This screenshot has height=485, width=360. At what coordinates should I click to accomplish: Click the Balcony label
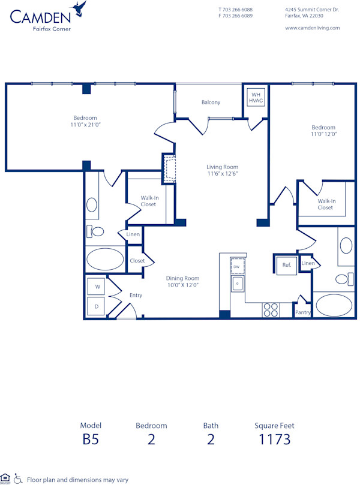pyautogui.click(x=211, y=103)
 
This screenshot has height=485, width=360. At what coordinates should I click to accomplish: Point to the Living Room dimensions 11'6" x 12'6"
pyautogui.click(x=222, y=174)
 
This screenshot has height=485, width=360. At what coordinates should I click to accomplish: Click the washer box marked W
pyautogui.click(x=97, y=287)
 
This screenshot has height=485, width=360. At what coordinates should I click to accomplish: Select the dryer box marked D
pyautogui.click(x=97, y=306)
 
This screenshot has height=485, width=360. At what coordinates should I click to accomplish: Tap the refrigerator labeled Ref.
pyautogui.click(x=286, y=264)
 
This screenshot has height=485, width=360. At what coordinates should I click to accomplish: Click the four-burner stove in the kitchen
pyautogui.click(x=271, y=309)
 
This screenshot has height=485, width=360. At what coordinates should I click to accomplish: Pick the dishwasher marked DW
pyautogui.click(x=236, y=266)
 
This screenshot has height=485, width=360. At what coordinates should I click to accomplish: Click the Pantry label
pyautogui.click(x=302, y=312)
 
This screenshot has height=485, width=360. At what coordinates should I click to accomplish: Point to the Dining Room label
pyautogui.click(x=182, y=278)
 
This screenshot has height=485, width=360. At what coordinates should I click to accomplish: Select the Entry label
pyautogui.click(x=136, y=295)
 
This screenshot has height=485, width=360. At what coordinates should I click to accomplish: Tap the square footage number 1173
pyautogui.click(x=274, y=439)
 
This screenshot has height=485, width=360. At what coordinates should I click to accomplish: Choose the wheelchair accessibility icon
pyautogui.click(x=18, y=478)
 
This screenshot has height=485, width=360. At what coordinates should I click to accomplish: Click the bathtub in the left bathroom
pyautogui.click(x=105, y=260)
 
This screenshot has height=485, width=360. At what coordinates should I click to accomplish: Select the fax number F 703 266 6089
pyautogui.click(x=235, y=16)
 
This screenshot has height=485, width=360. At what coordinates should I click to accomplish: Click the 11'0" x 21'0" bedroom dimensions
pyautogui.click(x=85, y=125)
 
